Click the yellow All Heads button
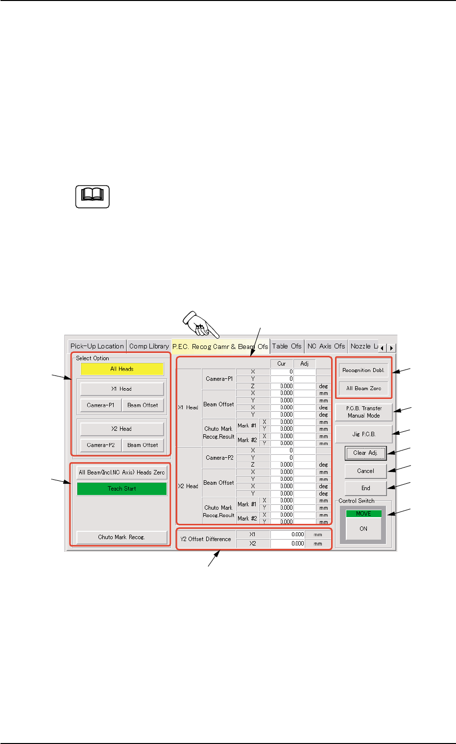pos(122,369)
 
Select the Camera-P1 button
pos(100,405)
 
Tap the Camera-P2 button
pos(100,445)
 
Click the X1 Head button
pos(122,389)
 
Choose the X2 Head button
pos(122,429)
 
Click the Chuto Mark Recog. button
pos(121,537)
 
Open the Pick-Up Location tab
pos(97,346)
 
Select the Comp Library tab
pos(149,346)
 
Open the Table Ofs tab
pos(287,346)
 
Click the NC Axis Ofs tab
pos(326,346)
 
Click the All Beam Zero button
pos(363,388)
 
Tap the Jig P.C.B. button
pos(363,434)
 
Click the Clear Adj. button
pos(365,453)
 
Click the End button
pos(365,488)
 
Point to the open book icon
pos(93,197)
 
